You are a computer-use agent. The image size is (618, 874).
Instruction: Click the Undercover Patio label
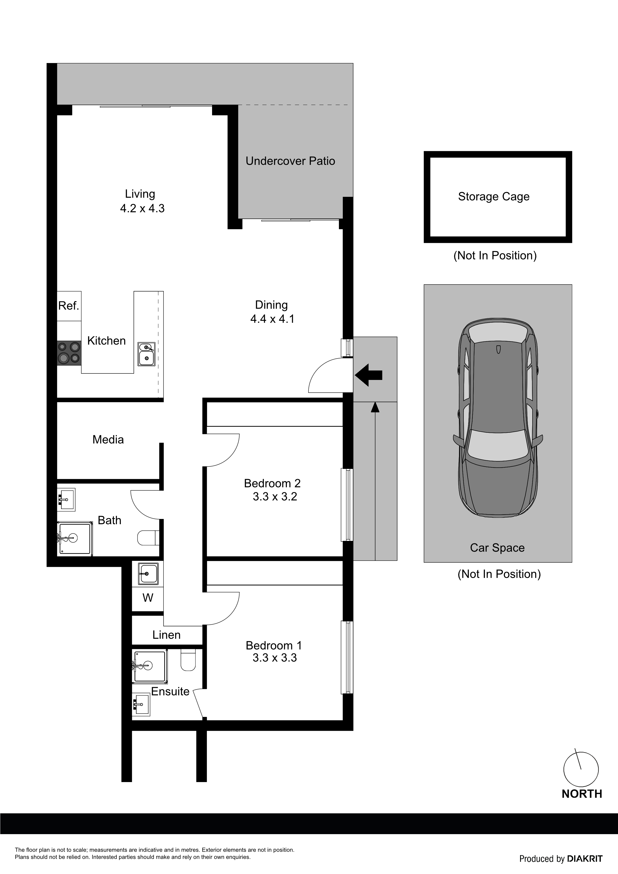290,161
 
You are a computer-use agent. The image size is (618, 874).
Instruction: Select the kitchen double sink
147,354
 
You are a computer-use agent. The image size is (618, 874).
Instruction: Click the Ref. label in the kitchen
69,306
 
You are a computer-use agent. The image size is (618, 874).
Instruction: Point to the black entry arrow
369,375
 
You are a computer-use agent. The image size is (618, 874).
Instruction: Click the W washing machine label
148,598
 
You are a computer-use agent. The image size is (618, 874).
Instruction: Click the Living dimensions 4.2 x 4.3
142,209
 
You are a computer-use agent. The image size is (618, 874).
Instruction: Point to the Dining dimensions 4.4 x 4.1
272,319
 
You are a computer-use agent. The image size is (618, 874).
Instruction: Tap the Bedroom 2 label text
272,483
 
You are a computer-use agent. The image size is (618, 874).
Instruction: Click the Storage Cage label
494,197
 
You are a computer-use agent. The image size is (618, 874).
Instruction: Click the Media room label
108,440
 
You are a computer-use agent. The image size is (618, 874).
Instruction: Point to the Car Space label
497,548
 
